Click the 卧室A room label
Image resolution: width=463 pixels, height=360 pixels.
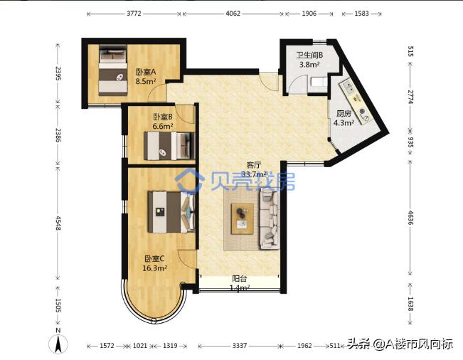click(146, 72)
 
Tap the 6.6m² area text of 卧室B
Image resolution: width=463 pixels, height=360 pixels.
click(163, 126)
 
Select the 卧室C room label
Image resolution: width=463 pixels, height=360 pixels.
click(154, 259)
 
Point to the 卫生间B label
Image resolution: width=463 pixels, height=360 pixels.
click(309, 55)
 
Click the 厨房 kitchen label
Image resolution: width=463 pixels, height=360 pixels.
click(344, 113)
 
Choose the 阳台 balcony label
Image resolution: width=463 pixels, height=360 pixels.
click(240, 278)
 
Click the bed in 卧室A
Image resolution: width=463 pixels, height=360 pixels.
click(113, 70)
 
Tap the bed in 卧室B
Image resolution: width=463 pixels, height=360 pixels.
click(169, 146)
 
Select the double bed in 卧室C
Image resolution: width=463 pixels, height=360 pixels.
click(171, 212)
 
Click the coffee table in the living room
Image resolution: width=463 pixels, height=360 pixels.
click(243, 219)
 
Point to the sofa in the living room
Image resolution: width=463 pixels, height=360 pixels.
click(270, 219)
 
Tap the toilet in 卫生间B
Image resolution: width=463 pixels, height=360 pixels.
click(319, 82)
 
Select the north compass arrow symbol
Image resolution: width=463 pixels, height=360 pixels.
click(58, 344)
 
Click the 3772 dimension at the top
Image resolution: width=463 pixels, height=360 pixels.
click(134, 14)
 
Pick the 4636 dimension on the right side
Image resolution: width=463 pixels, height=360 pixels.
click(410, 218)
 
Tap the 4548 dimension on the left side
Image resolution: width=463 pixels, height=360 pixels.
click(58, 223)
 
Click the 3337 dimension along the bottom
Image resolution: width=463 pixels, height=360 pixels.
click(240, 345)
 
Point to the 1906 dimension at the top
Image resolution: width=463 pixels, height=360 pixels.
click(309, 14)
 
